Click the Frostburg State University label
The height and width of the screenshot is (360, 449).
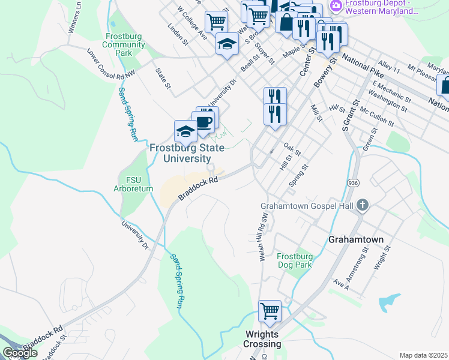point(187,153)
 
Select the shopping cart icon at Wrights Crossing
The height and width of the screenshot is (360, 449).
point(270,311)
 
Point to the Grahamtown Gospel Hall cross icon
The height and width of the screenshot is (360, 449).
point(362,206)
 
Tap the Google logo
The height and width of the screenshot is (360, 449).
point(20,353)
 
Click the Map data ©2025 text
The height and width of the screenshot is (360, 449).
point(423,355)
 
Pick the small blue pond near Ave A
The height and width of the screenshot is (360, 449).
point(389,301)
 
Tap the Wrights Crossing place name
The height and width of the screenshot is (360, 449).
point(262,339)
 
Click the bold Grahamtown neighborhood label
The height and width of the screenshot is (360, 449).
point(355,239)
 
